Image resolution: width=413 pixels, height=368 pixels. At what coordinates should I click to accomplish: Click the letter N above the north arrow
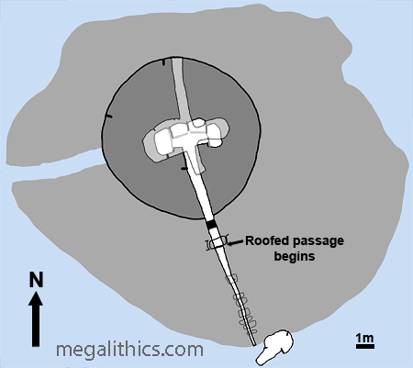(x=36, y=280)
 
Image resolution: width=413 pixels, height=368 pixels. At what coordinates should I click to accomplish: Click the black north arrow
(x=36, y=319)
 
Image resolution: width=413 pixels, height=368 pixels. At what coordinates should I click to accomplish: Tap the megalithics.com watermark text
(x=129, y=349)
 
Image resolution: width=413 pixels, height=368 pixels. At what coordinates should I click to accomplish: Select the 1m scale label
(x=365, y=338)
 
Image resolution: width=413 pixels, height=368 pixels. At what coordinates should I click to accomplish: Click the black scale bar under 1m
(x=365, y=346)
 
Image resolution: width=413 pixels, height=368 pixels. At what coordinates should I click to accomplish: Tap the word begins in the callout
(x=295, y=256)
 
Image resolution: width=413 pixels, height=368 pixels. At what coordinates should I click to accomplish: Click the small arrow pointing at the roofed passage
(x=236, y=243)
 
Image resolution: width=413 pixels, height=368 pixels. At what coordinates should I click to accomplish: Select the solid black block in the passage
(x=211, y=225)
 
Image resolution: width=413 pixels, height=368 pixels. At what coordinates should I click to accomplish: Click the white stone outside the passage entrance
(x=274, y=347)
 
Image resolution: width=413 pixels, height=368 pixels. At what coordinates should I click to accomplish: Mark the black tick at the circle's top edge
(x=163, y=62)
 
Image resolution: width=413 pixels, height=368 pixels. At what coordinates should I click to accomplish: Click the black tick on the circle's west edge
(x=108, y=117)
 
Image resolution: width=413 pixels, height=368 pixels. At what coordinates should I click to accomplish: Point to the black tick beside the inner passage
(x=184, y=168)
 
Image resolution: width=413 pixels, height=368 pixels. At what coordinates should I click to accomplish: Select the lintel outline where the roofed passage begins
(x=217, y=243)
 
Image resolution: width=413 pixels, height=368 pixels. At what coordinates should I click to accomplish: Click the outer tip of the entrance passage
(x=254, y=345)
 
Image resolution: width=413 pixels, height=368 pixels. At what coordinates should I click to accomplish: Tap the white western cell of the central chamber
(x=162, y=141)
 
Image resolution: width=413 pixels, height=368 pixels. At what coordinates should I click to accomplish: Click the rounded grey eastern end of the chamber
(x=223, y=129)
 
